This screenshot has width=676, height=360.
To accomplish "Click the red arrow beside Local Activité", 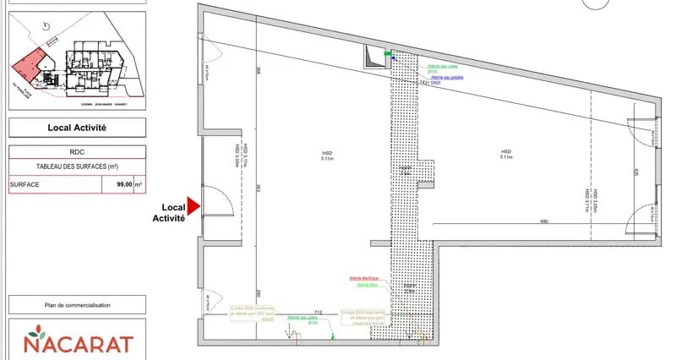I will coord(192,206).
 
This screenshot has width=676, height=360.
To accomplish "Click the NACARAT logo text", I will coord(78,344).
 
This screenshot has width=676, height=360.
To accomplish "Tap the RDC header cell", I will coord(77,153).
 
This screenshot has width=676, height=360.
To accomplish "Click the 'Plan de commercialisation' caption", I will coord(77,305).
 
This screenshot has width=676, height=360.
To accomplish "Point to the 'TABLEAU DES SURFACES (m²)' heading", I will coord(77,166).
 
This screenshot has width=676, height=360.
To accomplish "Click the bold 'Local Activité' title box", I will coord(77,128).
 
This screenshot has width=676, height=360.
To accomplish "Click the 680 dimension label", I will coord(544,221).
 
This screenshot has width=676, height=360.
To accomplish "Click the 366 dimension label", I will coord(258,71).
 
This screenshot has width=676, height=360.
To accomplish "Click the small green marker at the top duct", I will coord(389,54).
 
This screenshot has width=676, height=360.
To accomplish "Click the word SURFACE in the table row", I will coord(26,184).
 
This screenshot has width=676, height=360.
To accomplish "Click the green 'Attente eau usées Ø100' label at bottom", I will coord(302,320).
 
